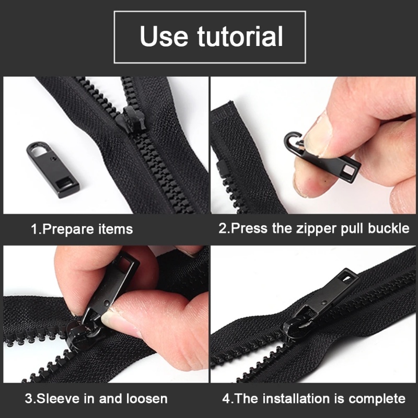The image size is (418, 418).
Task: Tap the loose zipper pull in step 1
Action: pos(53,168)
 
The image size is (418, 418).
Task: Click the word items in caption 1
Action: pos(115,229)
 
